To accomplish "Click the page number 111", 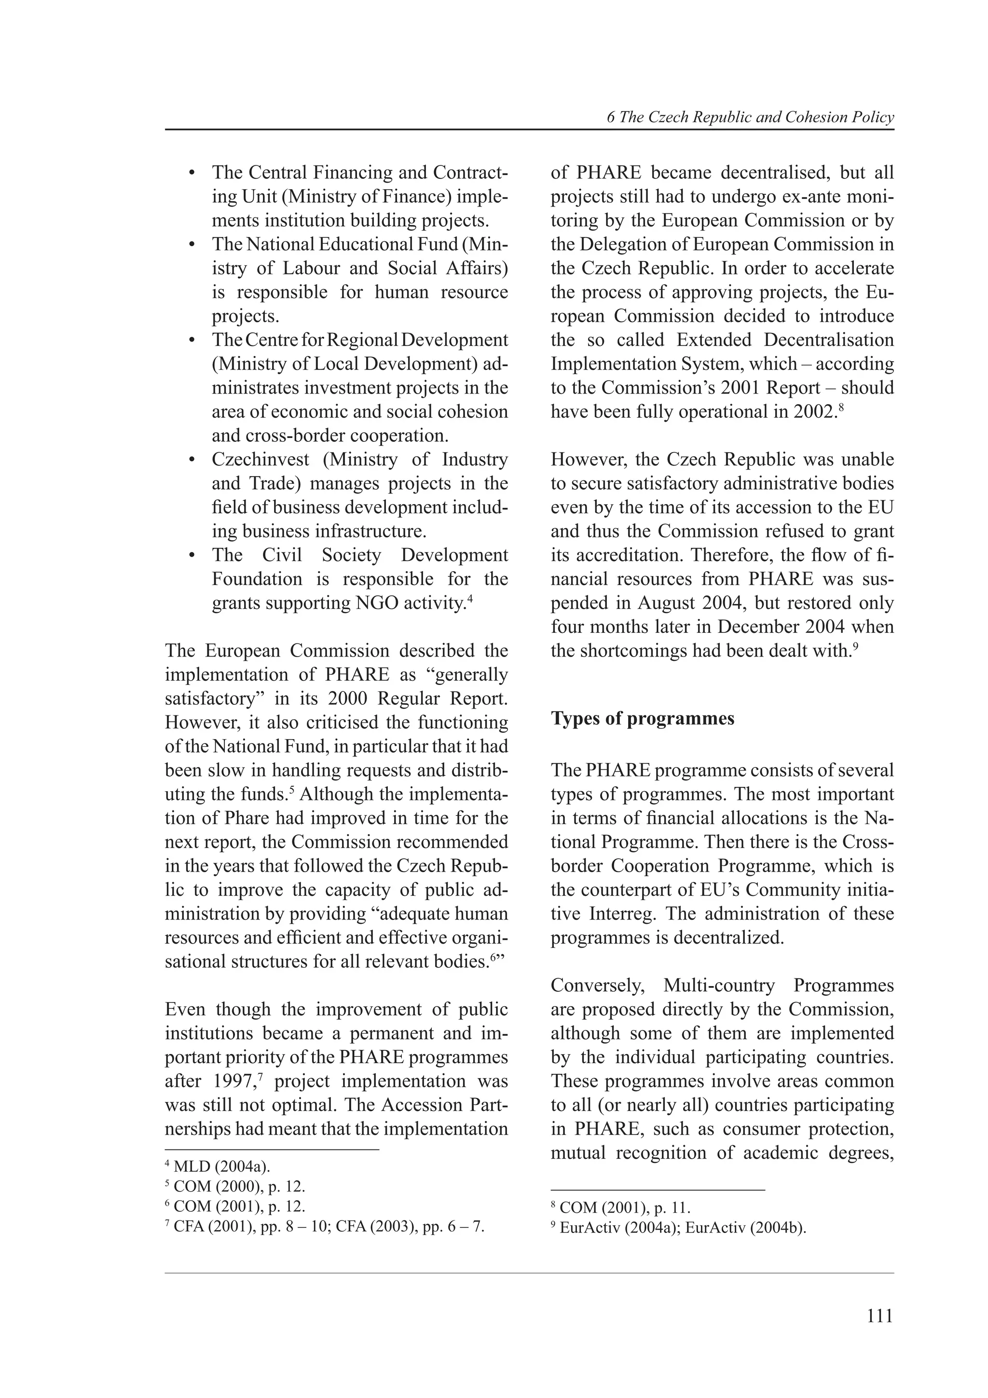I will (879, 1316).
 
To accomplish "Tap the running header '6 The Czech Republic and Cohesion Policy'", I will (750, 118).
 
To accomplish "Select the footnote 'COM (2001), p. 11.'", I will (620, 1207).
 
